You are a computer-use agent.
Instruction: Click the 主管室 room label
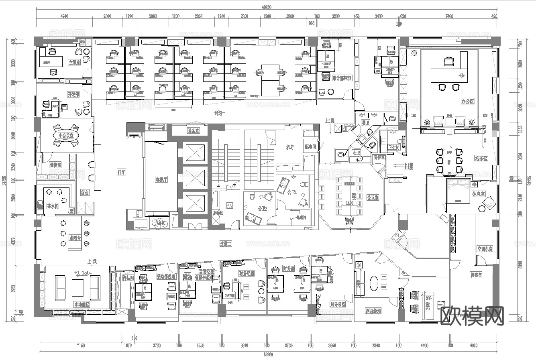[74, 63]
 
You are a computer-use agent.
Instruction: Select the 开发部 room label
[74, 95]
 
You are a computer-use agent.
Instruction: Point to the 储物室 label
[55, 165]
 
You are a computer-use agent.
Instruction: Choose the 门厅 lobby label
[121, 172]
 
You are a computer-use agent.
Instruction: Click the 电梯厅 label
[161, 179]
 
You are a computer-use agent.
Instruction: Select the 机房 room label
[290, 147]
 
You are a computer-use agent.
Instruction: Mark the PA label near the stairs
[230, 205]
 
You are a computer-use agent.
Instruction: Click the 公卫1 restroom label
[292, 192]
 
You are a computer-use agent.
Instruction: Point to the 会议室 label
[373, 197]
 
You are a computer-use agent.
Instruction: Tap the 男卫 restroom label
[365, 122]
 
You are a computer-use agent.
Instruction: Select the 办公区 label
[468, 101]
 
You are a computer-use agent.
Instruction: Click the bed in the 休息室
[458, 191]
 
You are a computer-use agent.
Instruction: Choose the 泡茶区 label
[481, 159]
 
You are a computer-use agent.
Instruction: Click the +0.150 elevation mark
[82, 273]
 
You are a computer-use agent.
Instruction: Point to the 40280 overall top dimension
[267, 7]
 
